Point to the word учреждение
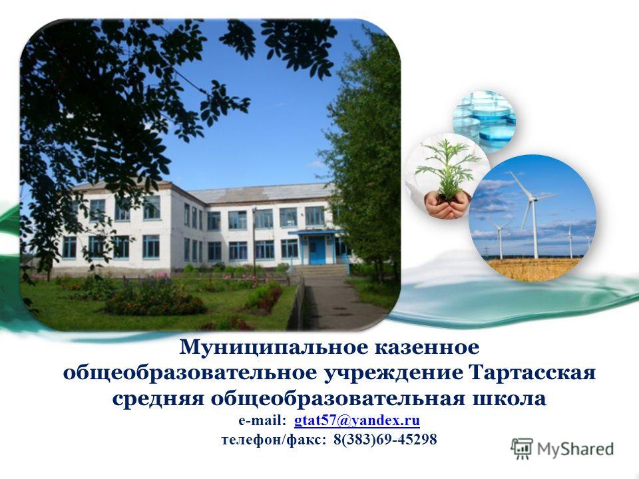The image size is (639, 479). [x=393, y=373]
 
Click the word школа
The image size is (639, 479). [x=509, y=399]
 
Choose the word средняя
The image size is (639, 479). [x=158, y=399]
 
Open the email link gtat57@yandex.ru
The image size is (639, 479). [x=357, y=420]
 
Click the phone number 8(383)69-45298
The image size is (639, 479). [x=385, y=439]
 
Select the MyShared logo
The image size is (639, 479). [x=562, y=449]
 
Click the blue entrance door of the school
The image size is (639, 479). [x=317, y=251]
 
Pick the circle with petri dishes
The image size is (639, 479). [x=484, y=121]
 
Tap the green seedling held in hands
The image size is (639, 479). [x=448, y=168]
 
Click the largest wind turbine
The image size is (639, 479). [x=532, y=213]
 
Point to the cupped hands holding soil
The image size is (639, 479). [x=447, y=206]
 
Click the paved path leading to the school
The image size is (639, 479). [x=337, y=302]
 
